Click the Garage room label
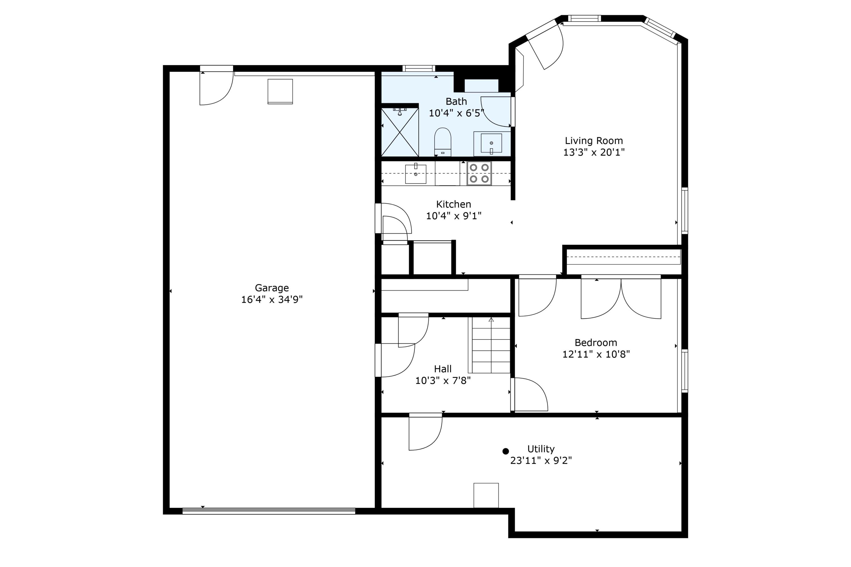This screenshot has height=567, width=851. (x=272, y=288)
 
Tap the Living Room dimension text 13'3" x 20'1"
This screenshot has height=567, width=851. (x=594, y=152)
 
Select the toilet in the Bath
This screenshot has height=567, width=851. (x=443, y=142)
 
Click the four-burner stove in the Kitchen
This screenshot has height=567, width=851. (x=479, y=173)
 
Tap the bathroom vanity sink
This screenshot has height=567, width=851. (x=491, y=143)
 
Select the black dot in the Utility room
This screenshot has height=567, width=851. (x=505, y=451)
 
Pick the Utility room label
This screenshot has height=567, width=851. (x=541, y=449)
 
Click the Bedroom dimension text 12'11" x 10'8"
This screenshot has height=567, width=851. (x=596, y=354)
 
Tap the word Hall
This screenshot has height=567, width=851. (x=443, y=369)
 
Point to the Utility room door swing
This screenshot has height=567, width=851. (x=425, y=432)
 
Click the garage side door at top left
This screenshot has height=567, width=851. (x=216, y=86)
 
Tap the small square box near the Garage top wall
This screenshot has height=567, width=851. (x=280, y=92)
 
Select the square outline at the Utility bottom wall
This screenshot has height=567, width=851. (x=486, y=495)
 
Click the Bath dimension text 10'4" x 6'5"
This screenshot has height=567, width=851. (x=456, y=113)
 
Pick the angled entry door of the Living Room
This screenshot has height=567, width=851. (x=545, y=46)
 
